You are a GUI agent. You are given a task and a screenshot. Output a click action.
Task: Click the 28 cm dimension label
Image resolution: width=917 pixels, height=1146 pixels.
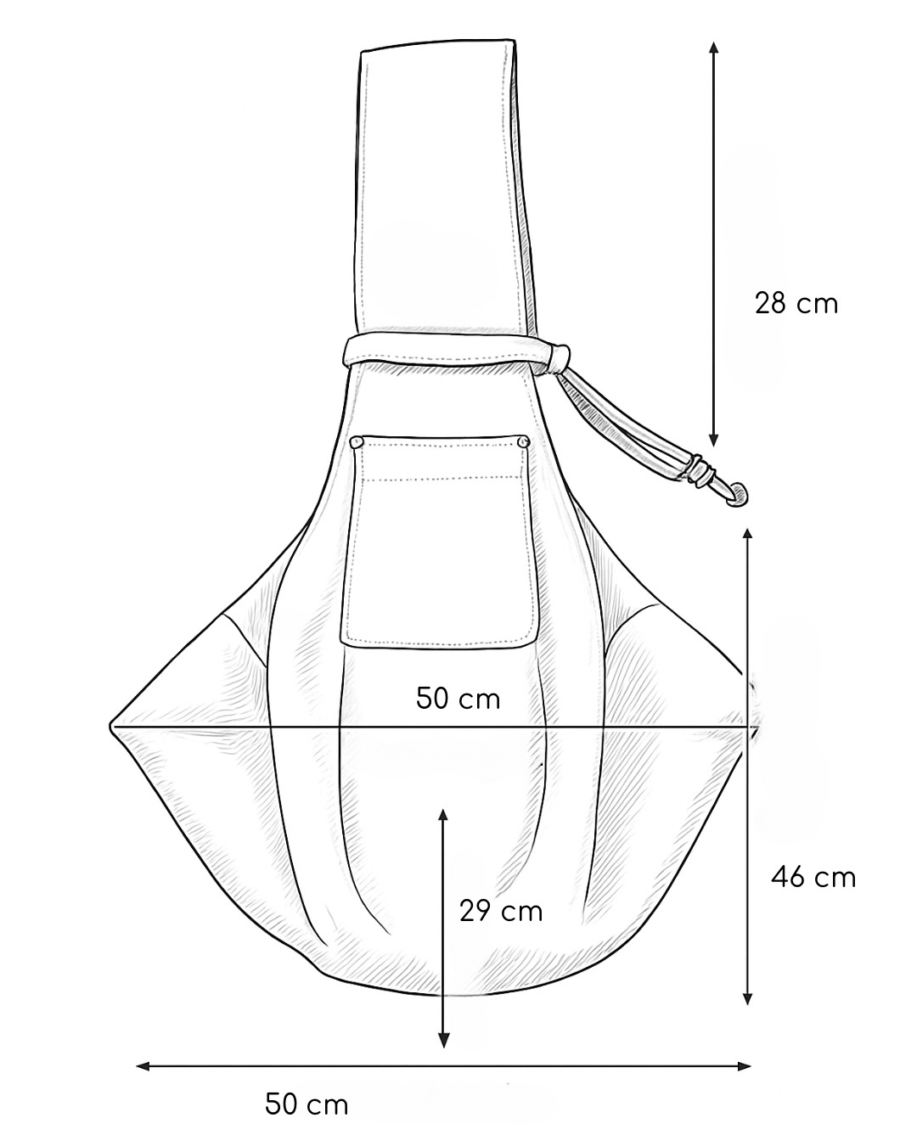pyautogui.click(x=796, y=304)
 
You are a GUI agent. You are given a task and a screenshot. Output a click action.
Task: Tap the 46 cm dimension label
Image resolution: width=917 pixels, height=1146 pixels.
pyautogui.click(x=813, y=877)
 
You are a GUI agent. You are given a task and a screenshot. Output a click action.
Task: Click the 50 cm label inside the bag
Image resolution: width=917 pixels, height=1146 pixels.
pyautogui.click(x=458, y=698)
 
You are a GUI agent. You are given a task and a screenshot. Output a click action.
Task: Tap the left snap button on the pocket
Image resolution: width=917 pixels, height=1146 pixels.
pyautogui.click(x=357, y=442)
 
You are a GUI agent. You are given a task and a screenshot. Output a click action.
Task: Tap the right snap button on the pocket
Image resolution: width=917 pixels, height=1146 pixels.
pyautogui.click(x=523, y=441)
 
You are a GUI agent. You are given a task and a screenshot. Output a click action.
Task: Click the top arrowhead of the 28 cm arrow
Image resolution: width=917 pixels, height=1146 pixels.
pyautogui.click(x=713, y=47)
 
